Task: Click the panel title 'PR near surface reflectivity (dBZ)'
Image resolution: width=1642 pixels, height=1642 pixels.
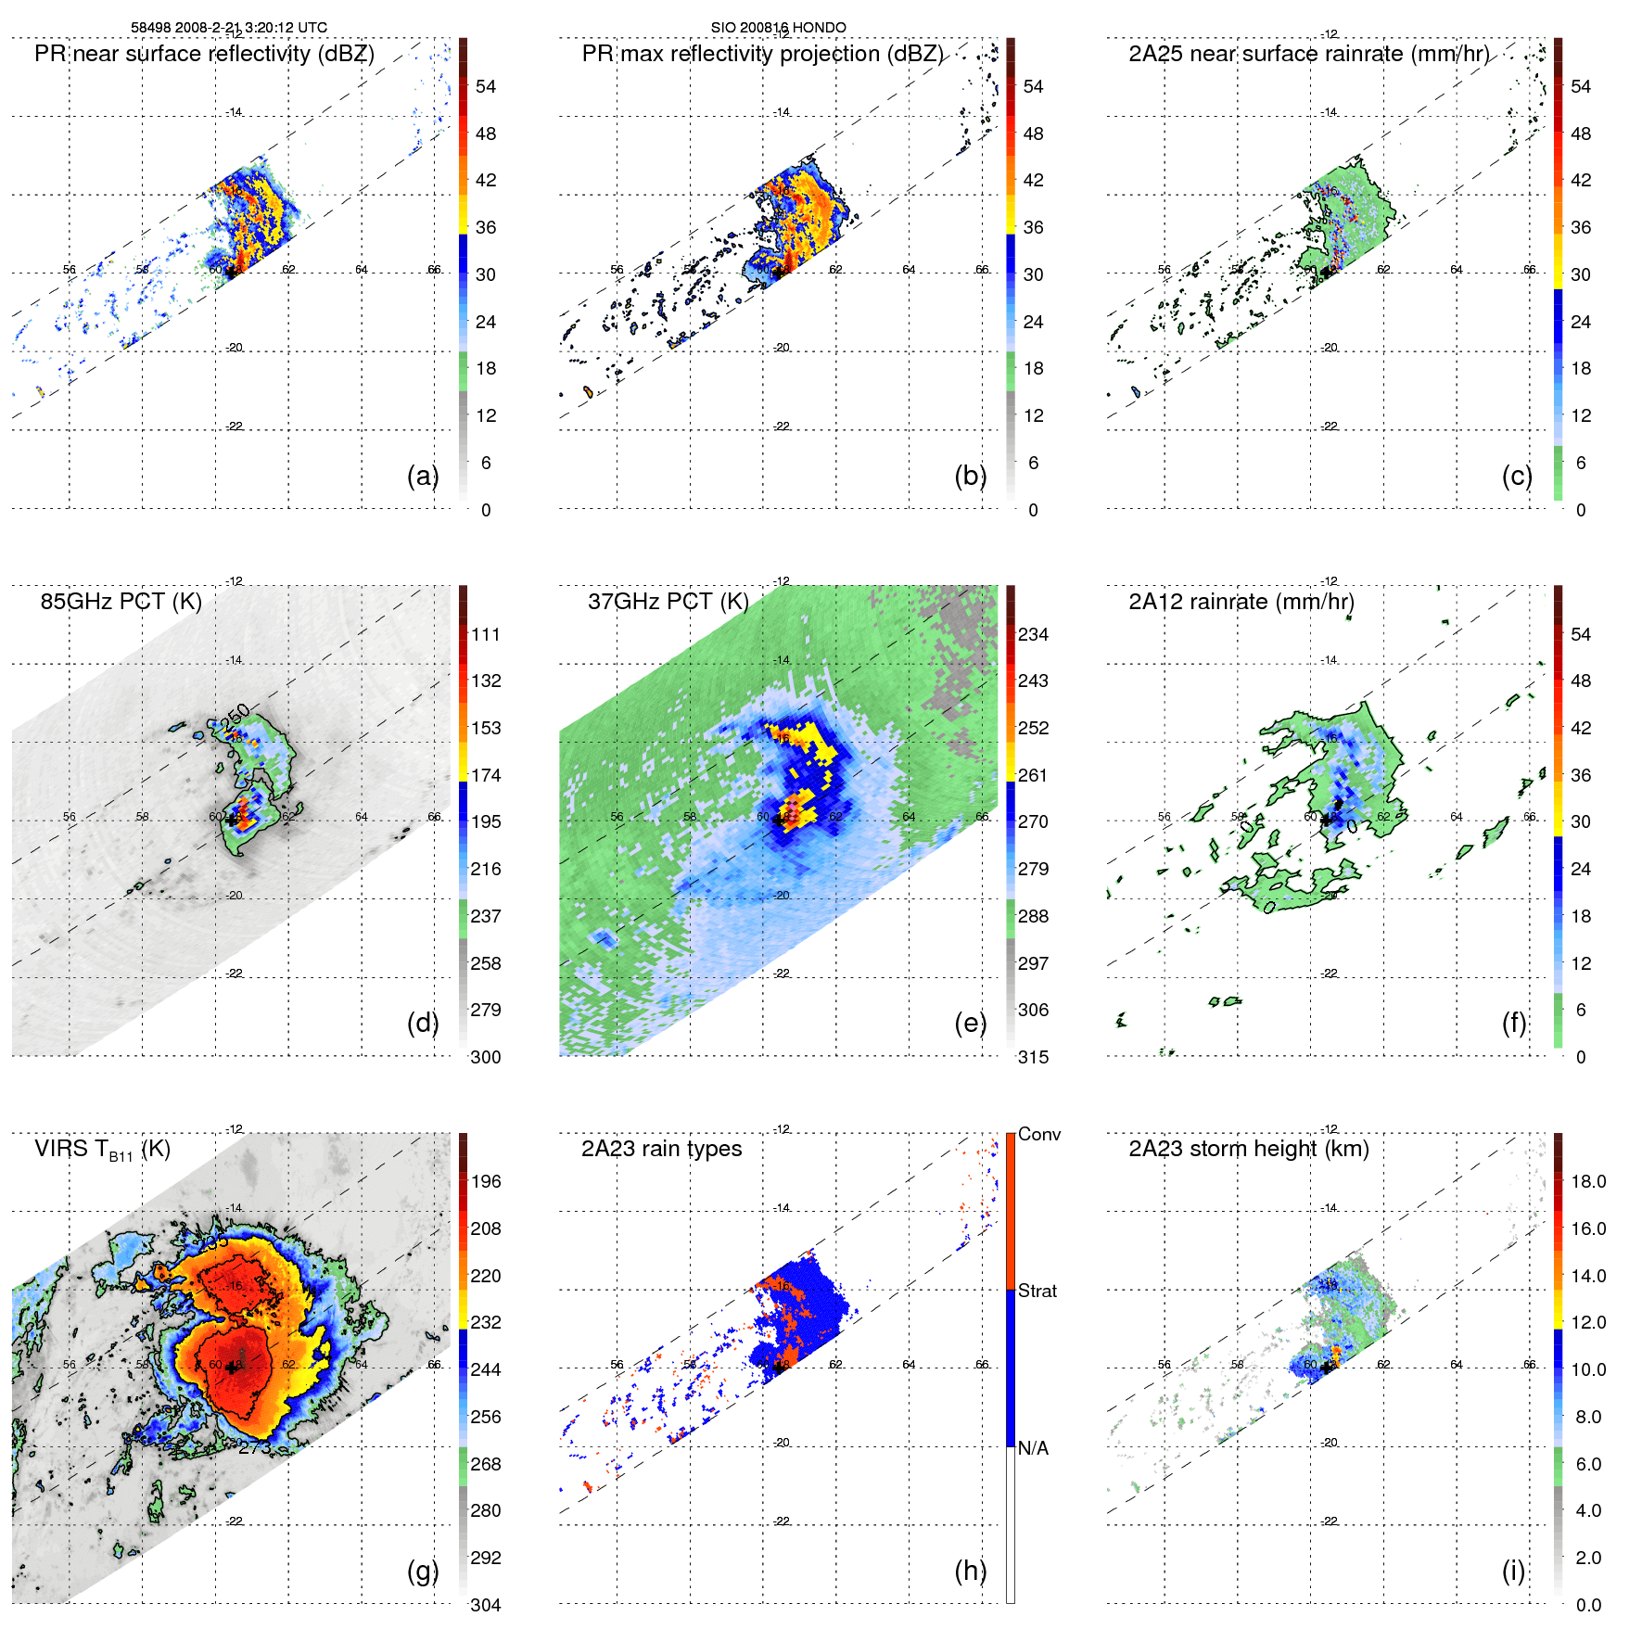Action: point(204,54)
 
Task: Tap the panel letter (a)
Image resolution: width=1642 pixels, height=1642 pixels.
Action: point(422,476)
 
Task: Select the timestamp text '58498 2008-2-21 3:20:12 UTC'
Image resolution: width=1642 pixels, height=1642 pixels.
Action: point(229,28)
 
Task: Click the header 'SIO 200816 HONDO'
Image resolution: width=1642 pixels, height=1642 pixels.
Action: point(778,28)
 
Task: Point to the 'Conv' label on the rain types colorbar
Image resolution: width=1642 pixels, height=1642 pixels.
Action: point(1039,1135)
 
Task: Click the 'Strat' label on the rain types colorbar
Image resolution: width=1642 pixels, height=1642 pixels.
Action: point(1037,1292)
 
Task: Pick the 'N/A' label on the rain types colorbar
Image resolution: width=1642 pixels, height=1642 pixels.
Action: point(1034,1448)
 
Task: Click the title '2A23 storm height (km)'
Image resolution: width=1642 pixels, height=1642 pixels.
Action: point(1248,1149)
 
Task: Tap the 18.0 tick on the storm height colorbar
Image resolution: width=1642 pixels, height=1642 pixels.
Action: point(1588,1182)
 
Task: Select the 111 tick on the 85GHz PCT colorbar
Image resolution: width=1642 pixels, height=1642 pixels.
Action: point(486,635)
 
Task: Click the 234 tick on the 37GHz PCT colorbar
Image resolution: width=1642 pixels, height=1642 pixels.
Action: point(1033,635)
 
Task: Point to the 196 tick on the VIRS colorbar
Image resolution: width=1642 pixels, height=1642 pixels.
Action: point(486,1182)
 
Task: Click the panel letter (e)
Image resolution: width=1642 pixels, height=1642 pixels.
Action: point(970,1024)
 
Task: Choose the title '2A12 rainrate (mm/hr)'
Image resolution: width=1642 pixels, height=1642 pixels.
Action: point(1241,602)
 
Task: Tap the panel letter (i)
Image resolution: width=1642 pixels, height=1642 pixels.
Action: point(1513,1571)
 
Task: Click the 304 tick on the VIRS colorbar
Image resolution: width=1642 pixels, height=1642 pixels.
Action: point(486,1605)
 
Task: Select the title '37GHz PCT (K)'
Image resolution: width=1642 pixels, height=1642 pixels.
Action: point(668,602)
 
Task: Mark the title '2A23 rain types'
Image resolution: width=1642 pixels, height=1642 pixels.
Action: point(661,1149)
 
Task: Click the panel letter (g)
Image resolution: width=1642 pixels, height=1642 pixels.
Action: point(422,1571)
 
